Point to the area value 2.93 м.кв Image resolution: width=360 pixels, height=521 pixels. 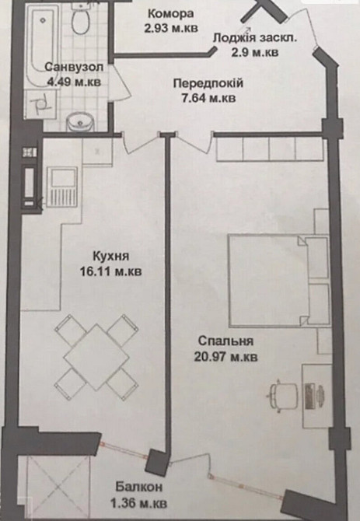pyautogui.click(x=170, y=29)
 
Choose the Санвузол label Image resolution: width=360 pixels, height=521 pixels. pyautogui.click(x=71, y=66)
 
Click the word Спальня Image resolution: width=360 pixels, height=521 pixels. pyautogui.click(x=226, y=341)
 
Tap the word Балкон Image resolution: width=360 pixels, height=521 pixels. pyautogui.click(x=142, y=488)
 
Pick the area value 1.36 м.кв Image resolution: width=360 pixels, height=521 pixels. pyautogui.click(x=142, y=503)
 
